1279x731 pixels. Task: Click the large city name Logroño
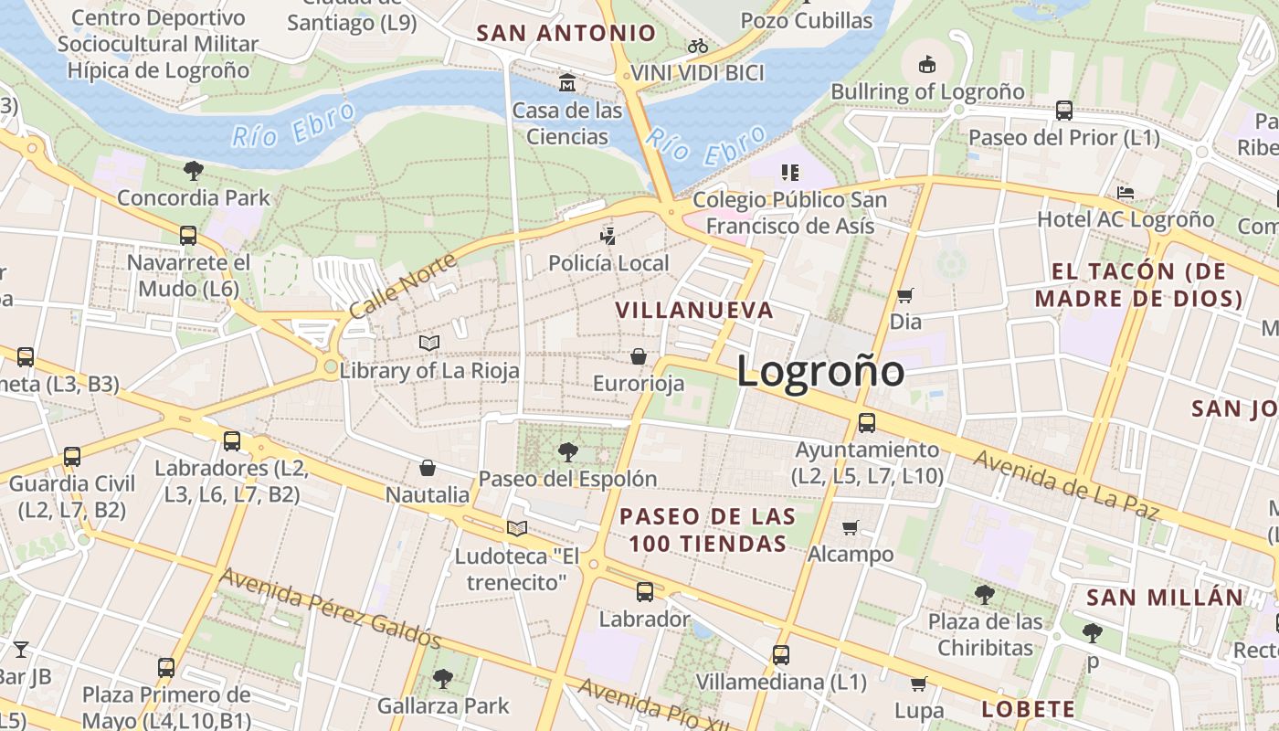820,371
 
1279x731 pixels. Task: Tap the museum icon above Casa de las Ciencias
567,83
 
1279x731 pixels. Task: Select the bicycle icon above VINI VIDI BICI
698,46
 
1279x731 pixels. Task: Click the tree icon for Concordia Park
193,170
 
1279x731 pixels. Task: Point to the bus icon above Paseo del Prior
1063,111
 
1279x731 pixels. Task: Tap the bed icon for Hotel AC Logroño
1126,193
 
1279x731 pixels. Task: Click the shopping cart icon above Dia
904,295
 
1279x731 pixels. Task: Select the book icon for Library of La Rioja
429,343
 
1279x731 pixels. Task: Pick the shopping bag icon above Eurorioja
639,356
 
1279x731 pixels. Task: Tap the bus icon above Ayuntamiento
866,423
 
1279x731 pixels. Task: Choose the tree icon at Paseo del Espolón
567,451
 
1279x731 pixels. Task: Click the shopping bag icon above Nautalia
428,469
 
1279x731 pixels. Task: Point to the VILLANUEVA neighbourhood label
694,310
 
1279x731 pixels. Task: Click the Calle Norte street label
402,286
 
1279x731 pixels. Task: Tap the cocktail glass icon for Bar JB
20,650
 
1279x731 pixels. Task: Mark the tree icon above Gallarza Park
443,678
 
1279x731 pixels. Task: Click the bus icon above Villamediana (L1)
780,655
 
